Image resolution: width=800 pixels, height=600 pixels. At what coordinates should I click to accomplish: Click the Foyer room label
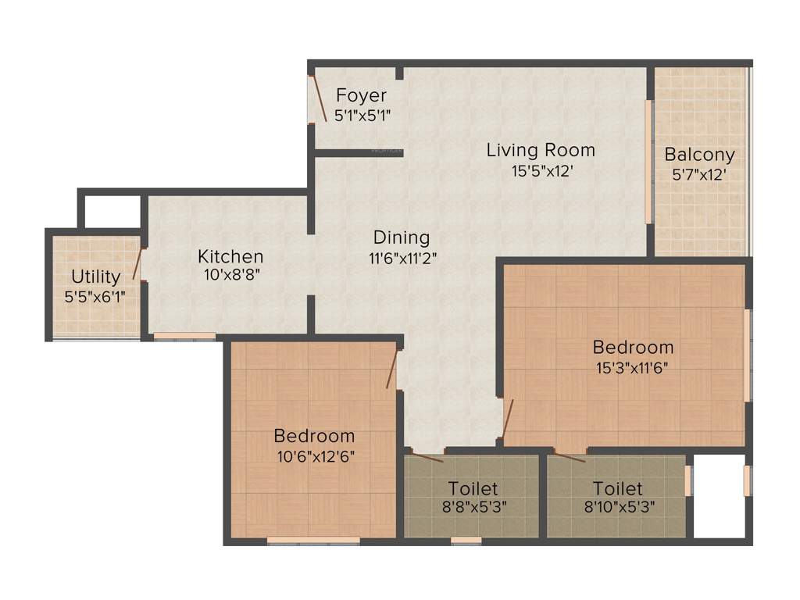coord(361,95)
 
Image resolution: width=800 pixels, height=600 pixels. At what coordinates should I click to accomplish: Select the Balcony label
coord(699,155)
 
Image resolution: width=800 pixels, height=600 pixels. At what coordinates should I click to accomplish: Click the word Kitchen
coord(230,256)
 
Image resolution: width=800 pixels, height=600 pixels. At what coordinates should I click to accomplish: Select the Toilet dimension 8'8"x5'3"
coord(473,505)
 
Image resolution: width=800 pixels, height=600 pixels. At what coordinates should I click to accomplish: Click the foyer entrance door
coord(319,98)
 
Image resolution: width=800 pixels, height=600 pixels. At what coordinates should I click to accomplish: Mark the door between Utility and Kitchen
coord(138,263)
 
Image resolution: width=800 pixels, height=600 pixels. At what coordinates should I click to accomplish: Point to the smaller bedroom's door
coord(392,369)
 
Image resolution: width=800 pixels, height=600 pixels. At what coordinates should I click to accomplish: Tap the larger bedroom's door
coord(507,420)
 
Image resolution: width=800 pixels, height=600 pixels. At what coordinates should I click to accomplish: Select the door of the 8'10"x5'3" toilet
coord(569,457)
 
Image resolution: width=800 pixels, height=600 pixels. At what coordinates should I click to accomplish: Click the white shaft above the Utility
coord(112,211)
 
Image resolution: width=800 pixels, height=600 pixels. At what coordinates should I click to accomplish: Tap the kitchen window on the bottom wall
coord(184,336)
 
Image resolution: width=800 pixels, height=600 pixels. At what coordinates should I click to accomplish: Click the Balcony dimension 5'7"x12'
coord(699,175)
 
